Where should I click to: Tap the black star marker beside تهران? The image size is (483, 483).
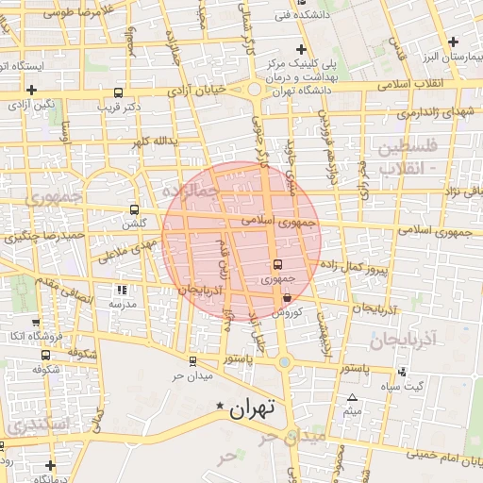tap(220, 406)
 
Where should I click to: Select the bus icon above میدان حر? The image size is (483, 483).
tap(192, 360)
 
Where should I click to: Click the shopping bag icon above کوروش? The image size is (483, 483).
tap(286, 298)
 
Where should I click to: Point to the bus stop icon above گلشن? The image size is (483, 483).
tap(134, 209)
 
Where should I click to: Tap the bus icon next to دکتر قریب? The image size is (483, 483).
tap(118, 93)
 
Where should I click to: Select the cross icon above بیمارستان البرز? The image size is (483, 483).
tap(455, 42)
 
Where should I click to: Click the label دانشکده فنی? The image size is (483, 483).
tap(295, 15)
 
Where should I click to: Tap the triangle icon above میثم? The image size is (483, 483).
tap(353, 398)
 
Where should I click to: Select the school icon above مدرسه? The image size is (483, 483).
tap(120, 290)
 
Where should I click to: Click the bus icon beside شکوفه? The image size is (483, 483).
tap(46, 355)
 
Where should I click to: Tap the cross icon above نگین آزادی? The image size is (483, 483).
tap(32, 90)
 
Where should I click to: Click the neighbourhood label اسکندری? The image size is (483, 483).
tap(38, 425)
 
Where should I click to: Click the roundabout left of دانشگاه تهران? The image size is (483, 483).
tap(255, 91)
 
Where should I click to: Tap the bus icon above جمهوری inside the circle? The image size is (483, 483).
tap(276, 265)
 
